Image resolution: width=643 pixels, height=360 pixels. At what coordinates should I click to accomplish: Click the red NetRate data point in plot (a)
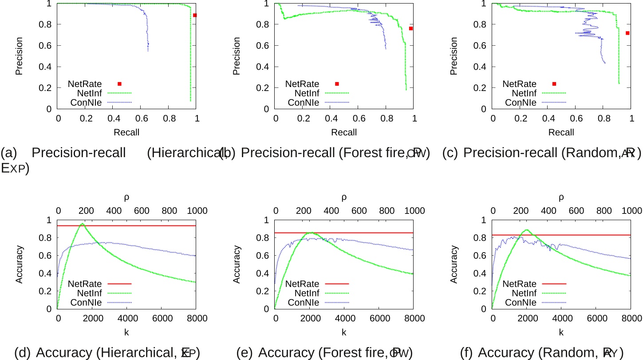click(195, 15)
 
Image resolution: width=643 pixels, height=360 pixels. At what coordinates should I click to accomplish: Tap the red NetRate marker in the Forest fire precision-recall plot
click(411, 28)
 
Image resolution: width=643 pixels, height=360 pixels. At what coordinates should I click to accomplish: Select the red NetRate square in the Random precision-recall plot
click(627, 33)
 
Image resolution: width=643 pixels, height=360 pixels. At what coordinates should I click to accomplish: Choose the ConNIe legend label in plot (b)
click(303, 103)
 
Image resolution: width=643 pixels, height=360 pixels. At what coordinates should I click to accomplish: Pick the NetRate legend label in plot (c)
click(519, 83)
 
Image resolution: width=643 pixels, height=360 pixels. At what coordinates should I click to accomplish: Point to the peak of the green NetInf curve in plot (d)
click(82, 224)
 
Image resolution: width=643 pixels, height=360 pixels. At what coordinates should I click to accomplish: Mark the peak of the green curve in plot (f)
click(526, 230)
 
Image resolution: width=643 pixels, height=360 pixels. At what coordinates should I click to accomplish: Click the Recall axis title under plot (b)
click(344, 132)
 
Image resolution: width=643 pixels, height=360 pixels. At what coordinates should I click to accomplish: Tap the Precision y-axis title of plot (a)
click(19, 56)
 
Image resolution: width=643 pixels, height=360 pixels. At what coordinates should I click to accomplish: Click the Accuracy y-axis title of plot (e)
click(237, 265)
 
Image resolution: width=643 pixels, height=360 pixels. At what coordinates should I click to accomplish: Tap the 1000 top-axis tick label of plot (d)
click(195, 210)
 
